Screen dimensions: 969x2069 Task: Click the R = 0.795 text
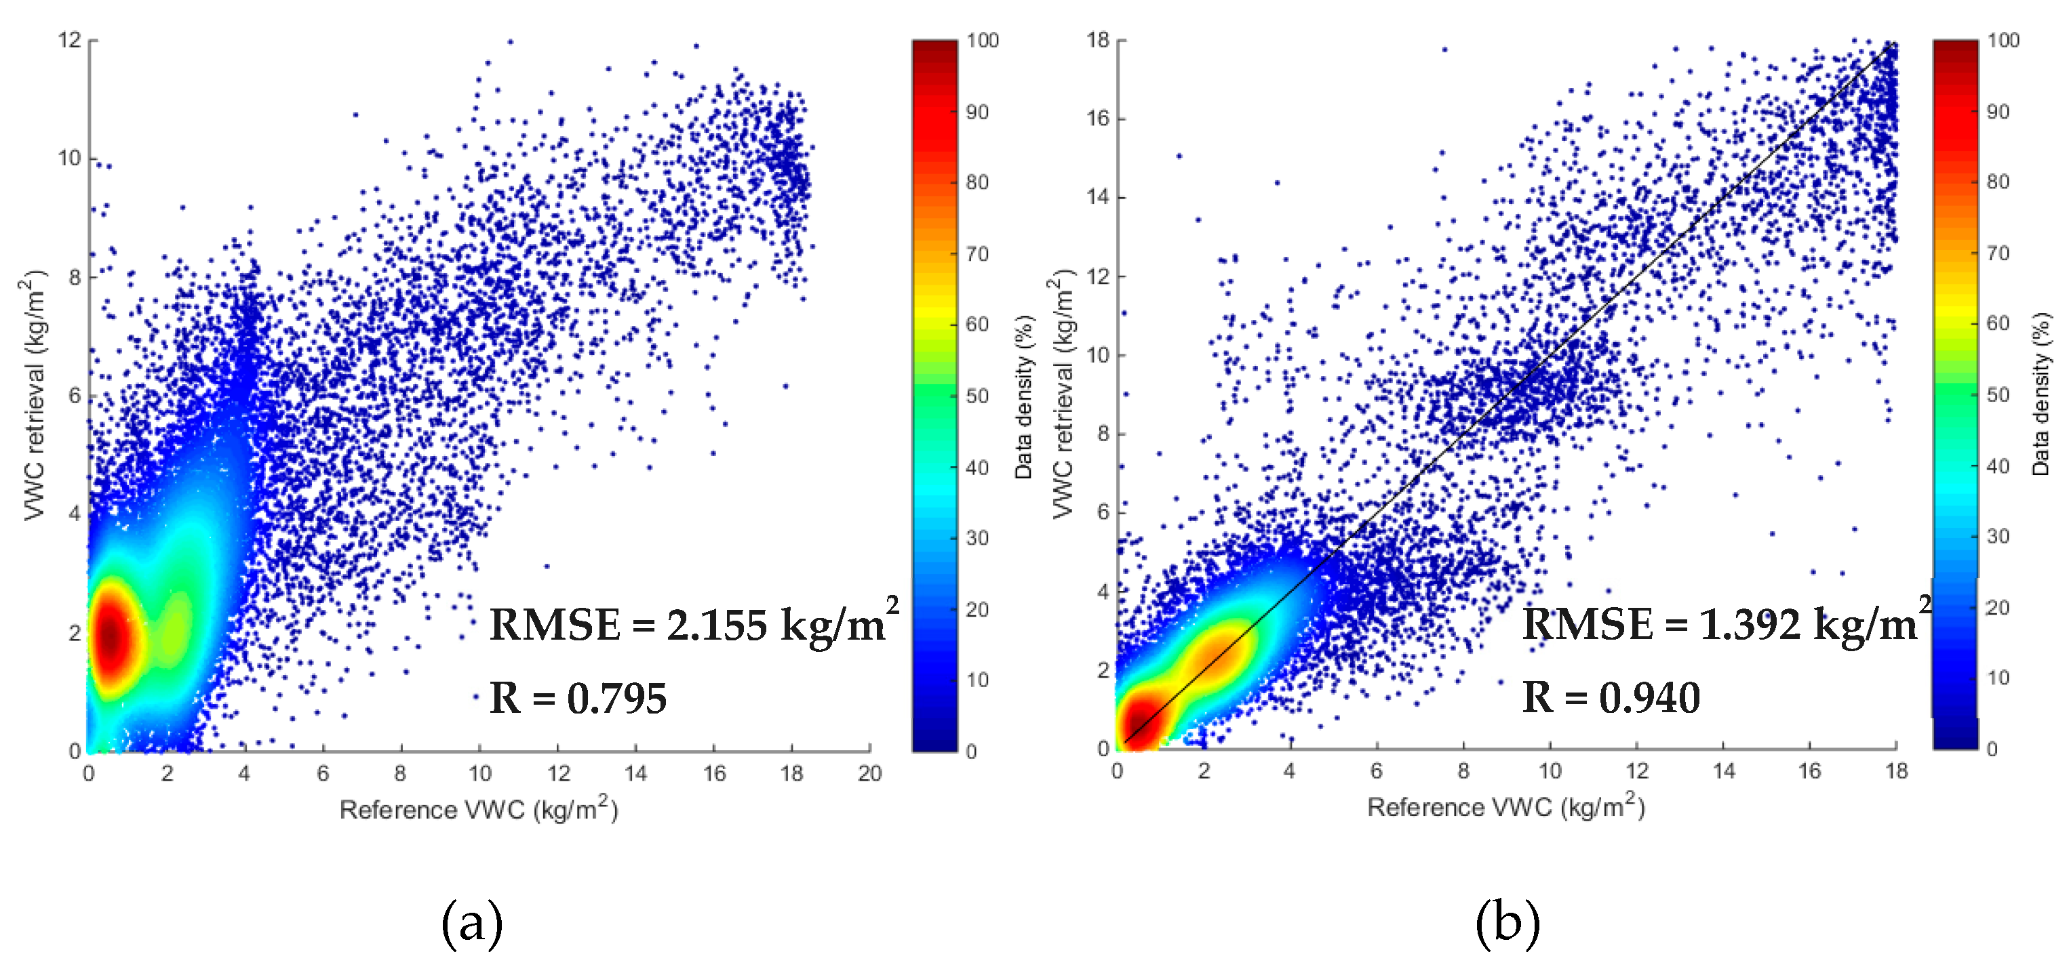[x=578, y=698]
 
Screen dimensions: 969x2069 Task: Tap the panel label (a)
[x=472, y=922]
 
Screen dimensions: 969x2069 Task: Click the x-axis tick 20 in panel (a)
[x=869, y=773]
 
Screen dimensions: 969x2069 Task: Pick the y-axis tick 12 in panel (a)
[x=70, y=39]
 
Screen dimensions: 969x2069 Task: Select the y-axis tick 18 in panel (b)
[x=1098, y=39]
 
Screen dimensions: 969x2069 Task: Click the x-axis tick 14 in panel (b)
[x=1724, y=770]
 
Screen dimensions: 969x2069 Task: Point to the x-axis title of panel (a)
[x=479, y=808]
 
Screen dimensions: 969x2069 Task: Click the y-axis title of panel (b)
[x=1062, y=394]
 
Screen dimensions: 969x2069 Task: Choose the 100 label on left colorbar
[x=983, y=40]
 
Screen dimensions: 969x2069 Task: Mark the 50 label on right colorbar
[x=1998, y=394]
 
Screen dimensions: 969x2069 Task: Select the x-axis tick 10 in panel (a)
[x=479, y=773]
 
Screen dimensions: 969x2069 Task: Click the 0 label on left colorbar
[x=972, y=751]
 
